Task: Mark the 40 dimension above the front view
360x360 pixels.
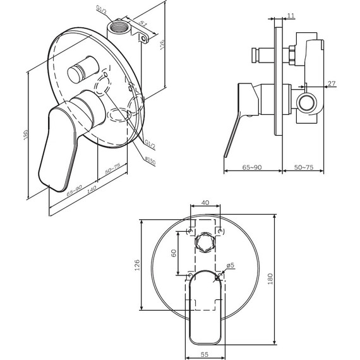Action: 205,202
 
